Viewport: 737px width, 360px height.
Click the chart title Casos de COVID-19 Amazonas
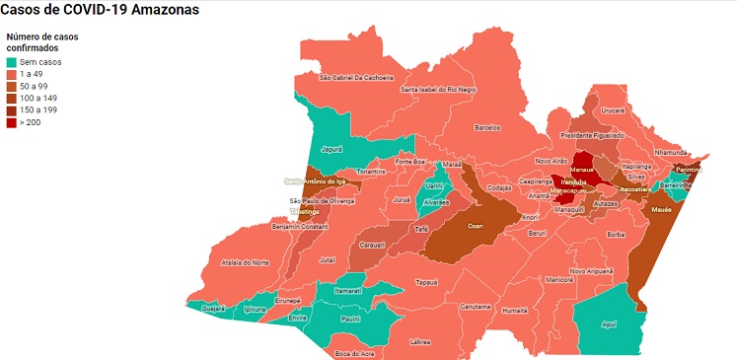pyautogui.click(x=100, y=11)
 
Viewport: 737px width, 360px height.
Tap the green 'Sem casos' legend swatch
pyautogui.click(x=11, y=62)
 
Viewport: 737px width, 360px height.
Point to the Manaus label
pyautogui.click(x=581, y=170)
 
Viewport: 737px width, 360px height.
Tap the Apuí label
pyautogui.click(x=608, y=324)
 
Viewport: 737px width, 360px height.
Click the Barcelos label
pyautogui.click(x=488, y=127)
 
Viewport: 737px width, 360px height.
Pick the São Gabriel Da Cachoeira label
pyautogui.click(x=357, y=77)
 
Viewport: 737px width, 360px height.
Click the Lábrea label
pyautogui.click(x=420, y=341)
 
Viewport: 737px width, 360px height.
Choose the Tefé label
pyautogui.click(x=420, y=228)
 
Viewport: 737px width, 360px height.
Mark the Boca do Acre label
pyautogui.click(x=352, y=353)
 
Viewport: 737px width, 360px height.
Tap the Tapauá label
pyautogui.click(x=426, y=281)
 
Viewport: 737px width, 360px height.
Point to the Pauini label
pyautogui.click(x=349, y=319)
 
